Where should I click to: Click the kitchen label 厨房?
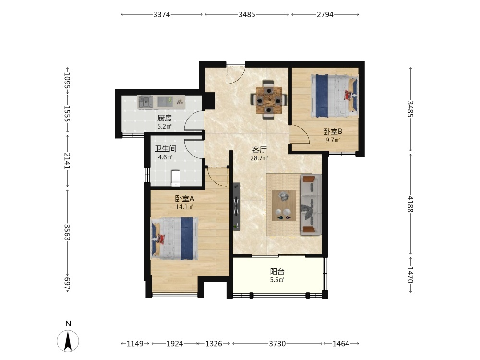pyautogui.click(x=165, y=118)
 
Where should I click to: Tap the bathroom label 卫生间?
pyautogui.click(x=166, y=149)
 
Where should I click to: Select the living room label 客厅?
pyautogui.click(x=259, y=150)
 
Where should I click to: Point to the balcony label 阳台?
pyautogui.click(x=277, y=272)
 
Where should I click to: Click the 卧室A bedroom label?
pyautogui.click(x=185, y=198)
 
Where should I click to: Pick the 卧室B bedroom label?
pyautogui.click(x=333, y=132)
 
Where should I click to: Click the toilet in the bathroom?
pyautogui.click(x=176, y=178)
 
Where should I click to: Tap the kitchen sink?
pyautogui.click(x=145, y=102)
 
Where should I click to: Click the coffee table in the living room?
pyautogui.click(x=284, y=205)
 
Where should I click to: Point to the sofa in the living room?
pyautogui.click(x=311, y=204)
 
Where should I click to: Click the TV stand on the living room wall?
pyautogui.click(x=236, y=206)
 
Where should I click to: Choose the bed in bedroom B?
pyautogui.click(x=334, y=96)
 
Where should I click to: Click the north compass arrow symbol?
pyautogui.click(x=68, y=341)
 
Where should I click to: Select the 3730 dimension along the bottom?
pyautogui.click(x=277, y=344)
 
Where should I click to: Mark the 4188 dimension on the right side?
pyautogui.click(x=410, y=204)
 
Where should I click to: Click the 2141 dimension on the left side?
pyautogui.click(x=67, y=161)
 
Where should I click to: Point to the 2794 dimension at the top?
pyautogui.click(x=325, y=14)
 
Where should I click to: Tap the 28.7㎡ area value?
pyautogui.click(x=259, y=158)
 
